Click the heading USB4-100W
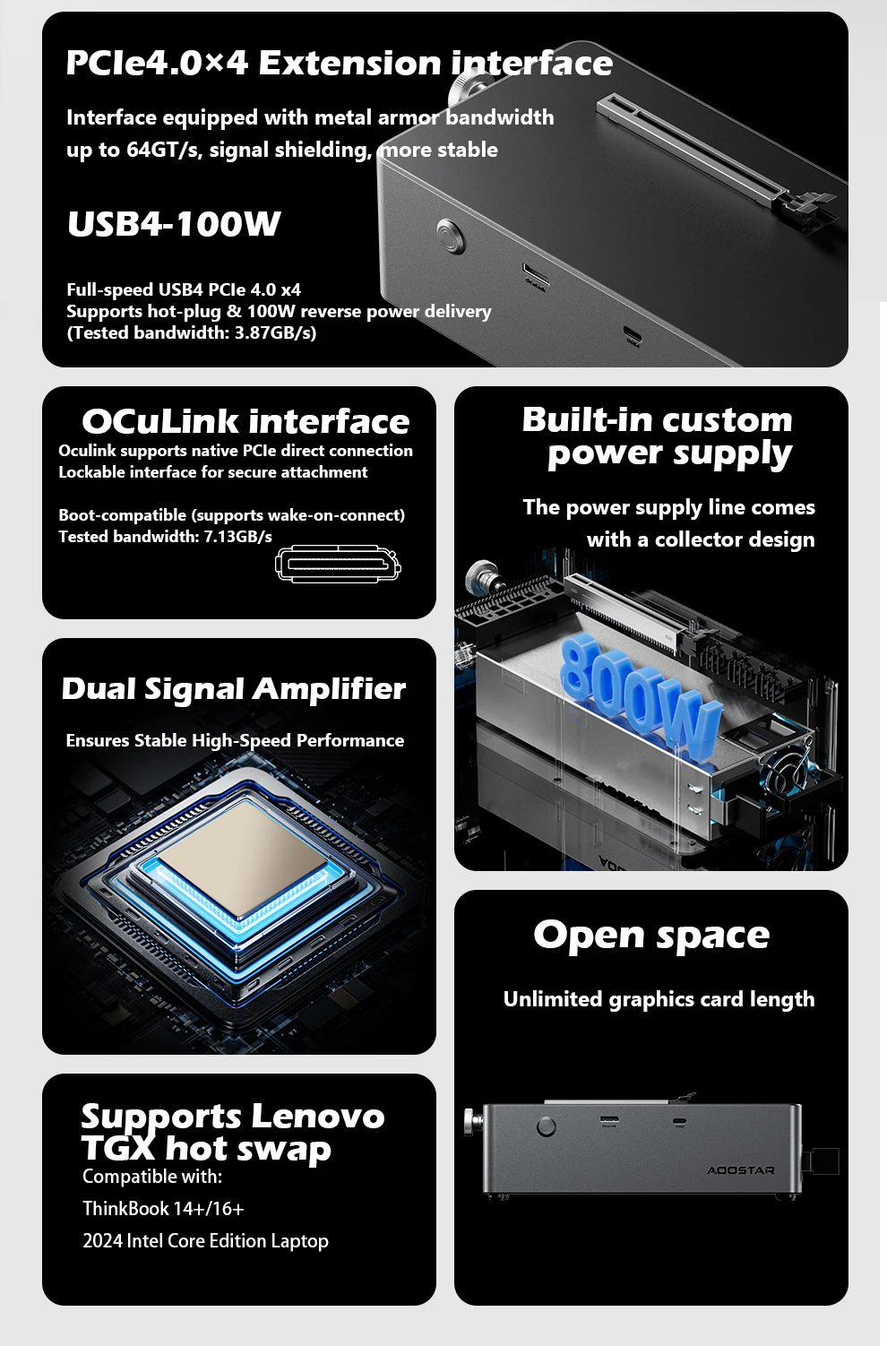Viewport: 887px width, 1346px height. [175, 224]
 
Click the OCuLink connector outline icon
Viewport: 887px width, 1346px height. [338, 565]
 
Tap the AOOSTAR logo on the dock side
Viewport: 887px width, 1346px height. [740, 1170]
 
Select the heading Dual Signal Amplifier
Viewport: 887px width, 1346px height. [233, 689]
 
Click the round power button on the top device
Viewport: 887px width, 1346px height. [451, 236]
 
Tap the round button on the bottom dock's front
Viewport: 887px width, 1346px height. [546, 1126]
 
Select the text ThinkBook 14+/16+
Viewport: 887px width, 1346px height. [163, 1209]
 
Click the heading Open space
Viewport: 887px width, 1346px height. [651, 936]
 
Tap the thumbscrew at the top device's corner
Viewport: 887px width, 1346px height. [468, 85]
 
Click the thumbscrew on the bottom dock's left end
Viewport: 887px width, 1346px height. [470, 1121]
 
